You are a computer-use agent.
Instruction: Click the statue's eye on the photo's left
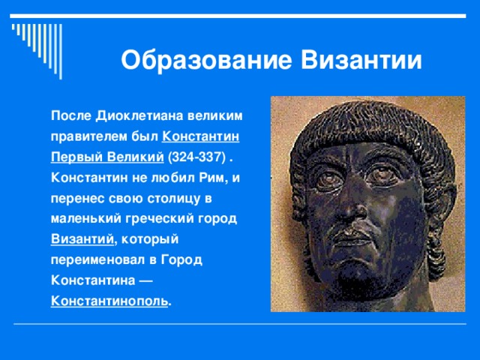pos(325,179)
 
